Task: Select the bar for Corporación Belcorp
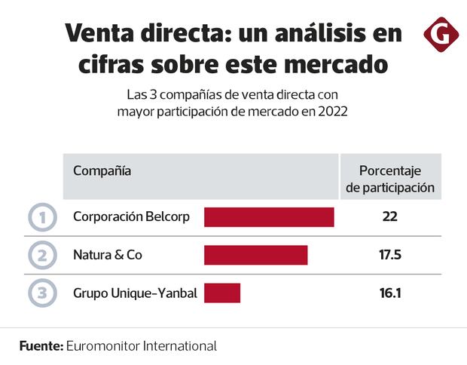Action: click(269, 217)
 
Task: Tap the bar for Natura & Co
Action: click(255, 255)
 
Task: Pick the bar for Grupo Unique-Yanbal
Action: click(221, 293)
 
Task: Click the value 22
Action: click(389, 217)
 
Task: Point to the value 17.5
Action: click(389, 255)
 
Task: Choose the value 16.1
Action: click(389, 293)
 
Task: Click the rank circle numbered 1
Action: click(42, 218)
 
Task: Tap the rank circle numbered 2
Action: click(42, 255)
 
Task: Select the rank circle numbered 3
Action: click(42, 293)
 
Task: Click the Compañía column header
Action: click(102, 170)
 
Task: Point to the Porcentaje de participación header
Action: click(389, 179)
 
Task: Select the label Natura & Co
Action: click(108, 255)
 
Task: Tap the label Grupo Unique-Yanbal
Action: click(135, 293)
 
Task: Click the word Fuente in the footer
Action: click(41, 346)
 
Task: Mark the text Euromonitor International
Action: click(142, 346)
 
